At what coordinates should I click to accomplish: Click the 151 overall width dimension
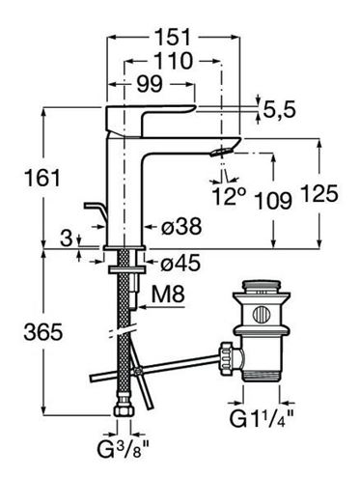[x=174, y=37]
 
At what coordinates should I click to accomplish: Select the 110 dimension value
[x=174, y=61]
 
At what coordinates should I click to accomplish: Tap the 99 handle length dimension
[x=150, y=84]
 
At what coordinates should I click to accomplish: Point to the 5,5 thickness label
[x=279, y=110]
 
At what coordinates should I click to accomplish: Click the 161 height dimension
[x=42, y=178]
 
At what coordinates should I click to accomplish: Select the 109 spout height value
[x=273, y=201]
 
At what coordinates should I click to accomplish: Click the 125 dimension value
[x=319, y=194]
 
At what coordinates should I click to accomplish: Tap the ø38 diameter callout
[x=181, y=226]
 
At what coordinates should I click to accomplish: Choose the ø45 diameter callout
[x=180, y=264]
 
